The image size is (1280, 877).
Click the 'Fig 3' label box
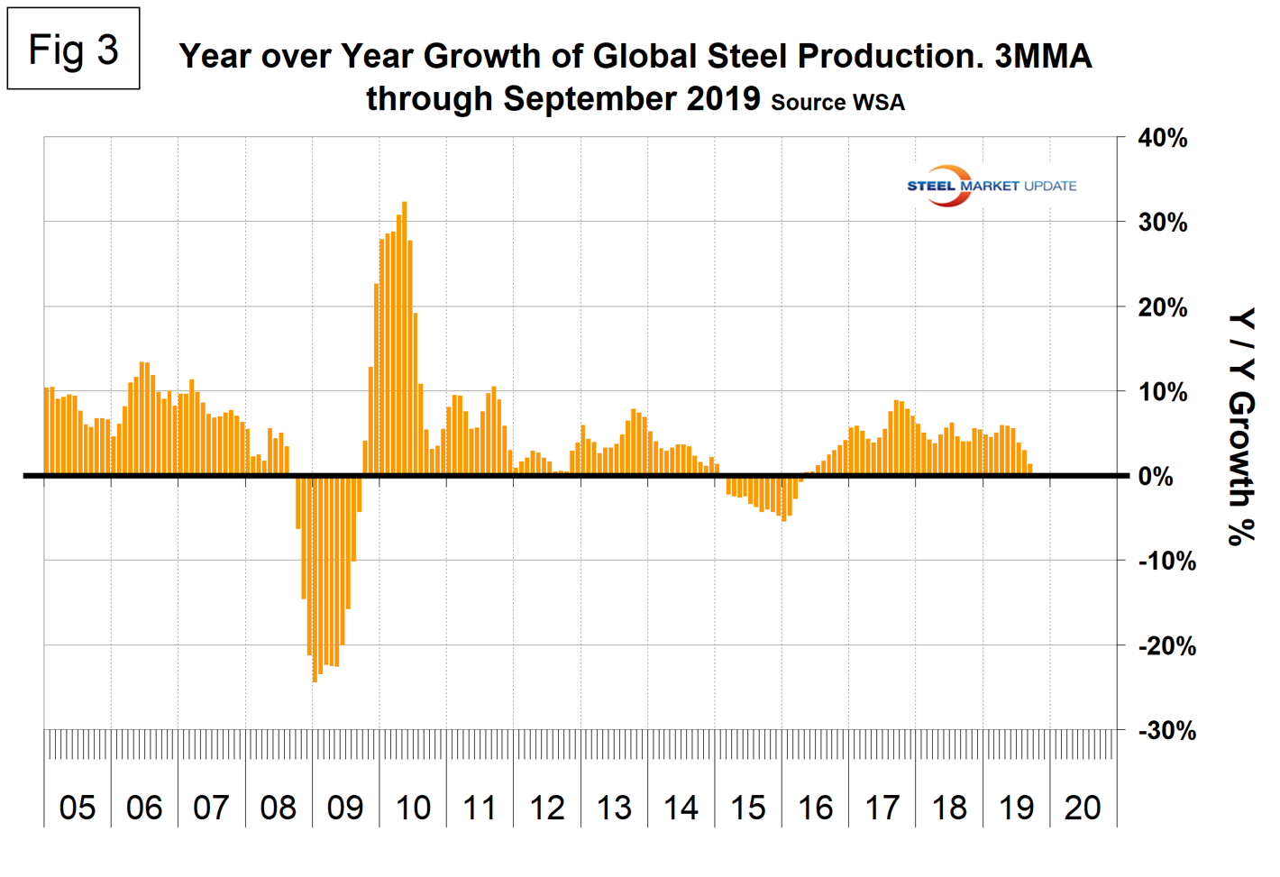[73, 49]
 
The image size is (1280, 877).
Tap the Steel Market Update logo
[991, 186]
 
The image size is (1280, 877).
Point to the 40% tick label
[1162, 139]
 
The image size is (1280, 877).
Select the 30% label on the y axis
[1162, 223]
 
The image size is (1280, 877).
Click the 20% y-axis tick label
[1162, 307]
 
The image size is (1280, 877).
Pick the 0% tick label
[1156, 477]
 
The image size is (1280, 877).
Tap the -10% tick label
[1166, 561]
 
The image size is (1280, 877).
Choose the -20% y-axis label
[1166, 646]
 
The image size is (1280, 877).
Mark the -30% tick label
[1166, 730]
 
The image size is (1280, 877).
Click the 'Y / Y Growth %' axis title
[1241, 427]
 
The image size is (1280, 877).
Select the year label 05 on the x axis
[78, 808]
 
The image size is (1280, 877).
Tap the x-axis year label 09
[345, 808]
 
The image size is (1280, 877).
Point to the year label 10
[413, 808]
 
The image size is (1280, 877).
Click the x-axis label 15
[748, 808]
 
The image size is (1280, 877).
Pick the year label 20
[1083, 808]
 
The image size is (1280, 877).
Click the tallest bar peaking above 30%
[404, 338]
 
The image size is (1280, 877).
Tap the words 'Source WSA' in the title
[837, 103]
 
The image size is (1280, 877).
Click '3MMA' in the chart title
[1043, 56]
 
